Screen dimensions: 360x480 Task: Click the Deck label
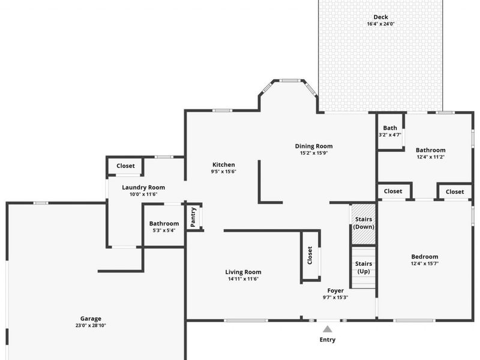[x=380, y=17]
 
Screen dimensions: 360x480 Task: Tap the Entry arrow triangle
[x=328, y=329]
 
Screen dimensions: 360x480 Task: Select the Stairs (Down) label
[x=364, y=223]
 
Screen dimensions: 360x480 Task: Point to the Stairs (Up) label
[x=364, y=268]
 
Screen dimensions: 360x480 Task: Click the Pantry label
[x=193, y=217]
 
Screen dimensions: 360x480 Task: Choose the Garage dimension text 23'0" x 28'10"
[x=91, y=326]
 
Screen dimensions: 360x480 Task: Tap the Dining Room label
[x=313, y=146]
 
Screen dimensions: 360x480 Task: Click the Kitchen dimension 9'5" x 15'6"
[x=224, y=172]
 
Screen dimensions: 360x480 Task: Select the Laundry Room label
[x=143, y=187]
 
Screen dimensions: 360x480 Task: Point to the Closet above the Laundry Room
[x=125, y=166]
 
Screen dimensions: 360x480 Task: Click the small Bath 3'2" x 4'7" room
[x=390, y=131]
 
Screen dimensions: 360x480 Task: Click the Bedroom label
[x=424, y=256]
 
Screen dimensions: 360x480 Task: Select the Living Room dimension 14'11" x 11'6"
[x=243, y=279]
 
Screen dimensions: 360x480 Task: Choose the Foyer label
[x=335, y=291]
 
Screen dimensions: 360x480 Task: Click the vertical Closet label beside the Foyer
[x=310, y=256]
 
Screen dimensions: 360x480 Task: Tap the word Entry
[x=328, y=340]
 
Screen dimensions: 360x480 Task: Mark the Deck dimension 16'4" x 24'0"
[x=380, y=25]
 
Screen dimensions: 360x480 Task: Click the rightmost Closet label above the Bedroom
[x=455, y=192]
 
